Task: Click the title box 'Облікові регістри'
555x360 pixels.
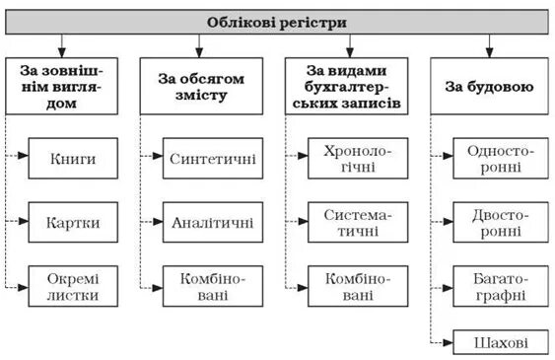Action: pos(277,22)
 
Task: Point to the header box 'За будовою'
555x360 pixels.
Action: pos(489,87)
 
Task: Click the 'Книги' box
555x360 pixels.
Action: pos(75,156)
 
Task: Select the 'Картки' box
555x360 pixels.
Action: pos(75,221)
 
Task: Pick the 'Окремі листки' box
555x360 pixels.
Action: pos(75,285)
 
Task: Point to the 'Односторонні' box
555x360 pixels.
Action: pos(501,156)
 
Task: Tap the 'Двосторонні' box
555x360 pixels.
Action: pos(501,221)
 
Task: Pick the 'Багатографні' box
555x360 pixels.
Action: pos(501,285)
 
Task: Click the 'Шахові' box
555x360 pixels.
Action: pos(501,342)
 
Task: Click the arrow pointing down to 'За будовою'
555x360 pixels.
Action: pos(489,44)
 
